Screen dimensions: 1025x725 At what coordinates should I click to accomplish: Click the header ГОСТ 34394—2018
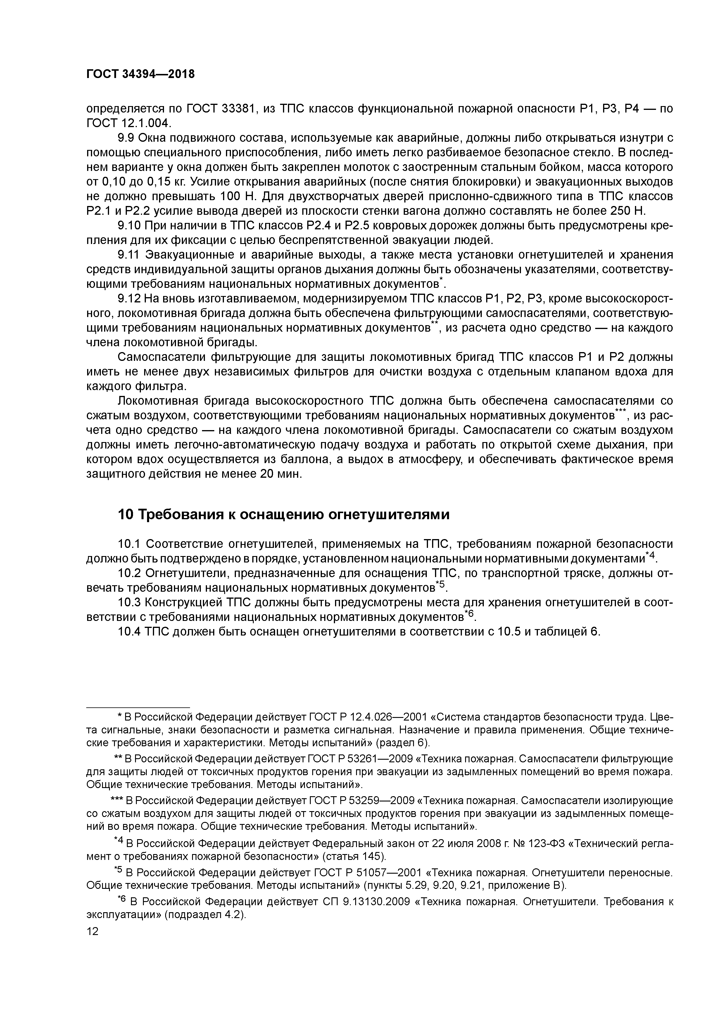140,74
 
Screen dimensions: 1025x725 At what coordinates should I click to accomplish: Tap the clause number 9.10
129,226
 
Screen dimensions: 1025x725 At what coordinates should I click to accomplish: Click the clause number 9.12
129,299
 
